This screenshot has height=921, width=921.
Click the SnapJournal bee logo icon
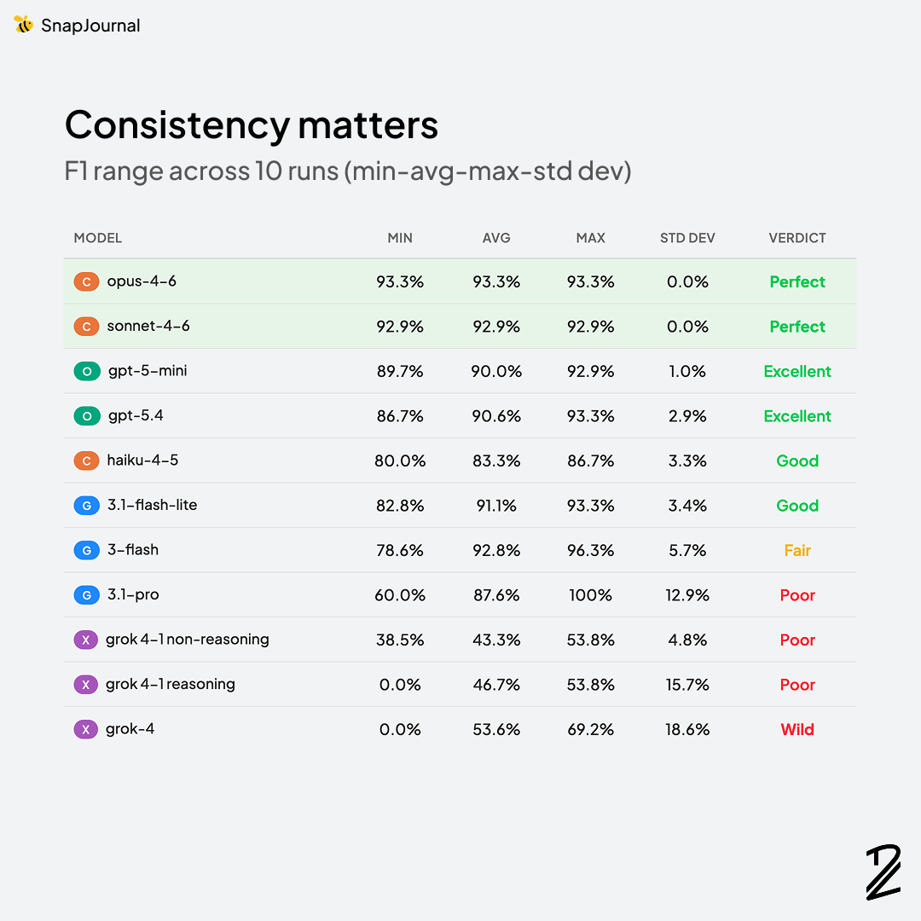coord(24,25)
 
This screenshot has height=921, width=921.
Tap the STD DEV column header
coord(687,238)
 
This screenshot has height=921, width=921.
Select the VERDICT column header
coord(797,238)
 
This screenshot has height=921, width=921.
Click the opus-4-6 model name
coord(142,281)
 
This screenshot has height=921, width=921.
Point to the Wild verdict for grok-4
coord(797,729)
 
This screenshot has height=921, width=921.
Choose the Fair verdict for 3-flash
coord(797,550)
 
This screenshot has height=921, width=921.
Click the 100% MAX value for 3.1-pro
coord(590,595)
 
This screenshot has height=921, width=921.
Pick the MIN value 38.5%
coord(400,640)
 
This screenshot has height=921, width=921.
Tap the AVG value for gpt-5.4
coord(496,416)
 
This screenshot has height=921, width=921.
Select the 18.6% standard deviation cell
coord(687,729)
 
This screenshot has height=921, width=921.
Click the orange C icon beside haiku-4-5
coord(86,460)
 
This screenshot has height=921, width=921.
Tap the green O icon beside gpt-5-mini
coord(87,371)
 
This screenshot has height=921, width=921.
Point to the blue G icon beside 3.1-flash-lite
coord(86,506)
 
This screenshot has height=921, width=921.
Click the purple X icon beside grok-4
coord(85,729)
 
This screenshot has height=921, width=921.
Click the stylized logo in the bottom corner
coord(883,872)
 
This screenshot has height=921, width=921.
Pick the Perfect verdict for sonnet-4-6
coord(797,327)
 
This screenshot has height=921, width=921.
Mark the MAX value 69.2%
coord(590,729)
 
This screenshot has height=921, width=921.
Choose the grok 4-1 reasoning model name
coord(171,684)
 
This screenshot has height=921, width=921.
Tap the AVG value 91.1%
coord(496,506)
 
